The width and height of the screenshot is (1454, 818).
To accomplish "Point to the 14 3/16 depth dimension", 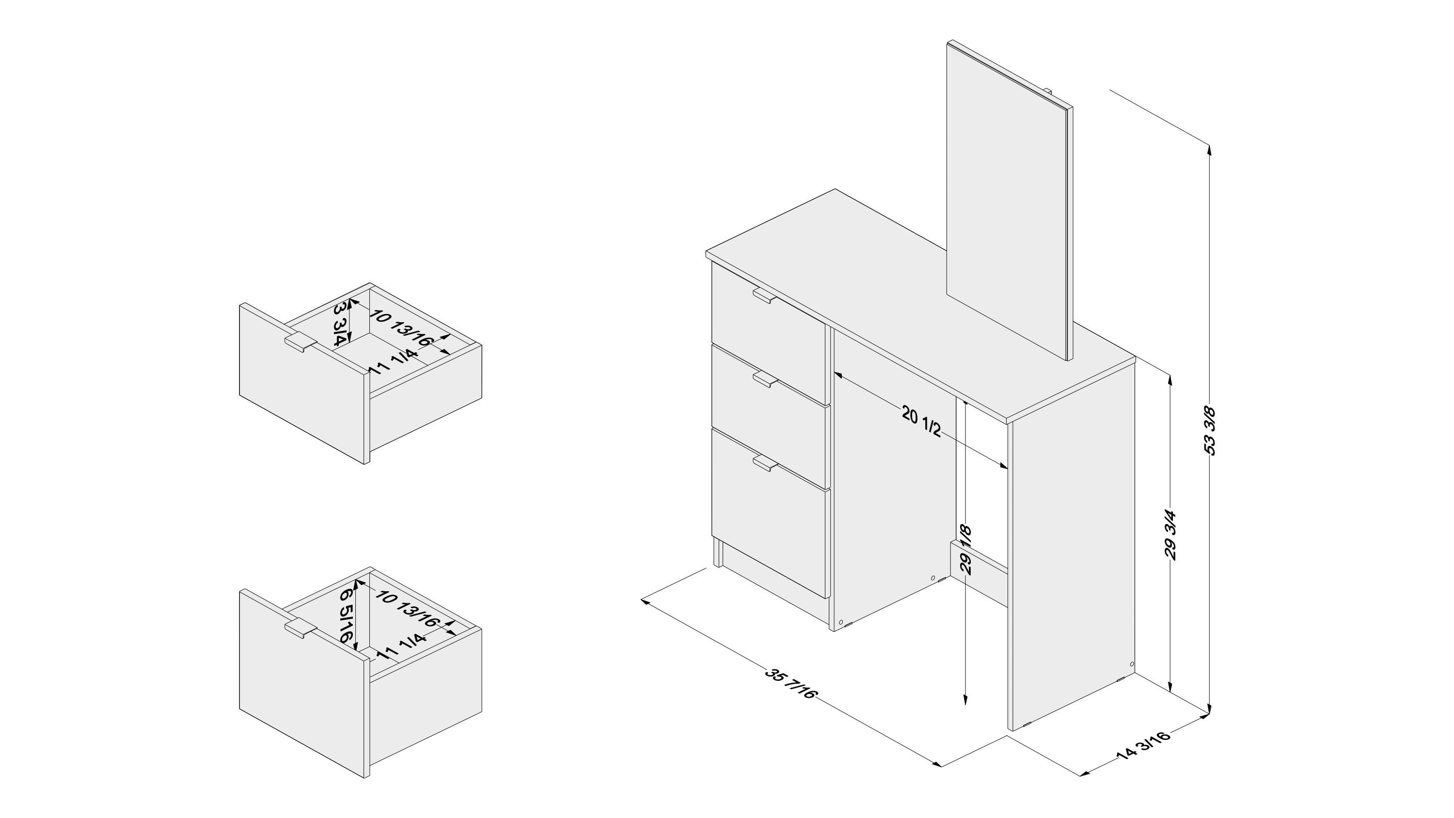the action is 1143,746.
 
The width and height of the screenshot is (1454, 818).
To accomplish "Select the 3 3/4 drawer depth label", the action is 340,325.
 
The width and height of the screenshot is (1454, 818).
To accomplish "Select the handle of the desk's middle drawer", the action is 765,379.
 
